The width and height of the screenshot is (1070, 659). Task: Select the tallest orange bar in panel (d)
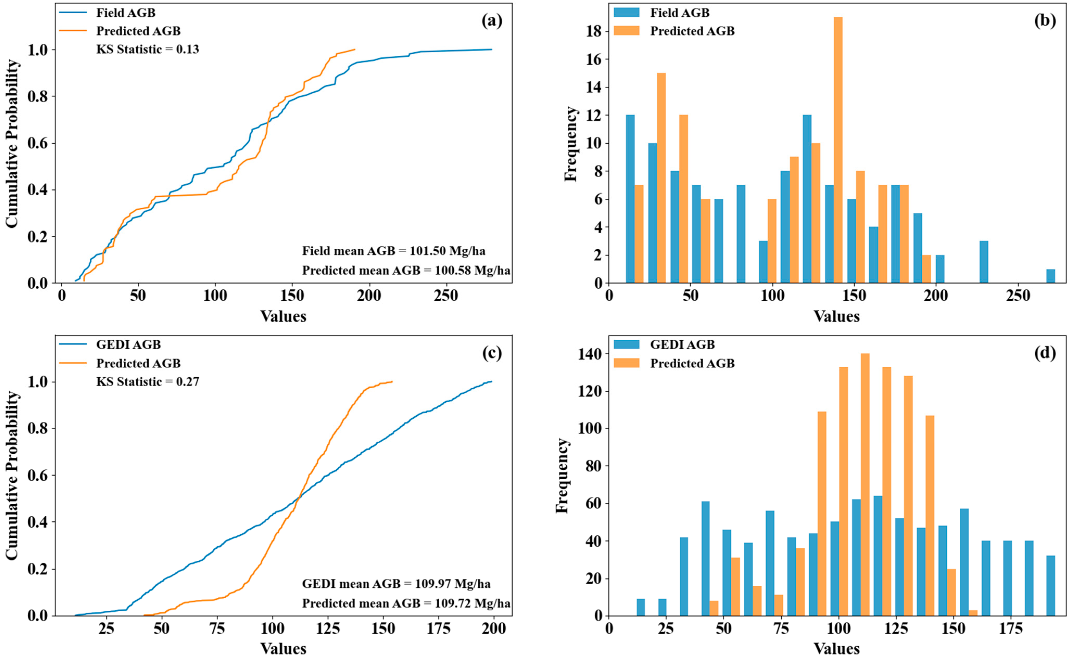pyautogui.click(x=865, y=484)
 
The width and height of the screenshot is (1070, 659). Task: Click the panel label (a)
pyautogui.click(x=492, y=21)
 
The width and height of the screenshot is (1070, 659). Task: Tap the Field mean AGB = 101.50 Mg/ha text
pyautogui.click(x=393, y=251)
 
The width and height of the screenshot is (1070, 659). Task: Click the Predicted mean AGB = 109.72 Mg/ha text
pyautogui.click(x=406, y=603)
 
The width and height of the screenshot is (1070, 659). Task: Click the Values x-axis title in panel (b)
pyautogui.click(x=836, y=316)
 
